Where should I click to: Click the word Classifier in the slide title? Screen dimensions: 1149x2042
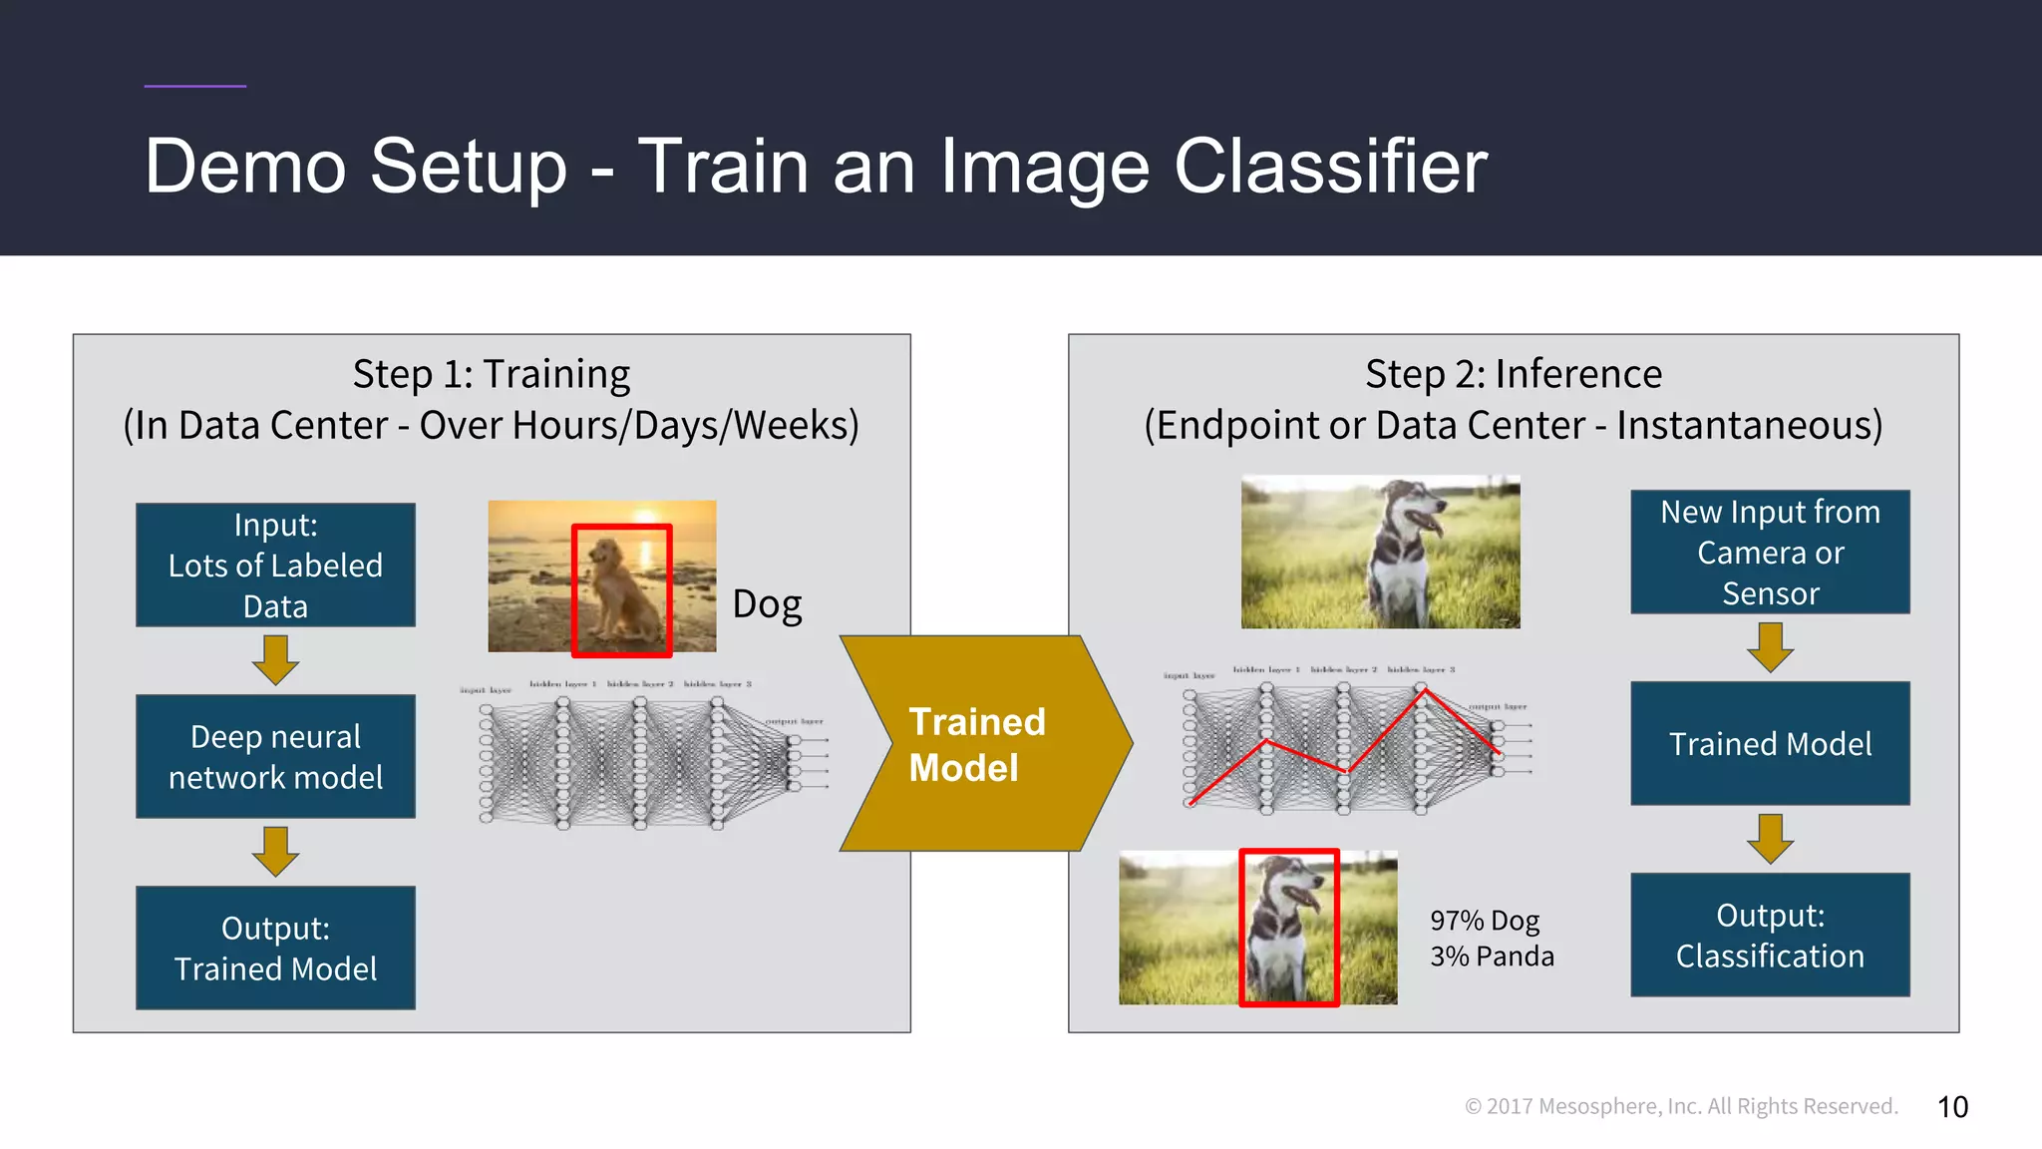1330,167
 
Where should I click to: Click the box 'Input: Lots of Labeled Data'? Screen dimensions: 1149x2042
275,566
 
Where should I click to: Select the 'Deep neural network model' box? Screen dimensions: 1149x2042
275,757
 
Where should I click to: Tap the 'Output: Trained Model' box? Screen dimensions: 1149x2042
275,949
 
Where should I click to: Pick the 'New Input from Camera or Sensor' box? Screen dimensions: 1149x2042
1770,552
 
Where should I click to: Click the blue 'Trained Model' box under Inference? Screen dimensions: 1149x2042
1770,744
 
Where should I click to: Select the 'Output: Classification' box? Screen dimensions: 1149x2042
1770,936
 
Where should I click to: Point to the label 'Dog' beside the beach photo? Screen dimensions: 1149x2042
767,604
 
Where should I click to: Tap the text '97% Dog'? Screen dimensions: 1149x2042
1485,921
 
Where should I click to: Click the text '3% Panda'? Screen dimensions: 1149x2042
1492,957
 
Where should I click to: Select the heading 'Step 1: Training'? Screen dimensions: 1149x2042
491,375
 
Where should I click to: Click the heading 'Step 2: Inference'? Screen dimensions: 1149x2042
1513,375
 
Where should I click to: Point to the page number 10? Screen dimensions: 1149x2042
1952,1107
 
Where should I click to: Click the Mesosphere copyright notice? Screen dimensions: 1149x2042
1681,1106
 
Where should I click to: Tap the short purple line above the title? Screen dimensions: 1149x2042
195,86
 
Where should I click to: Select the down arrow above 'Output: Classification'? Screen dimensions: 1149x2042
1770,839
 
